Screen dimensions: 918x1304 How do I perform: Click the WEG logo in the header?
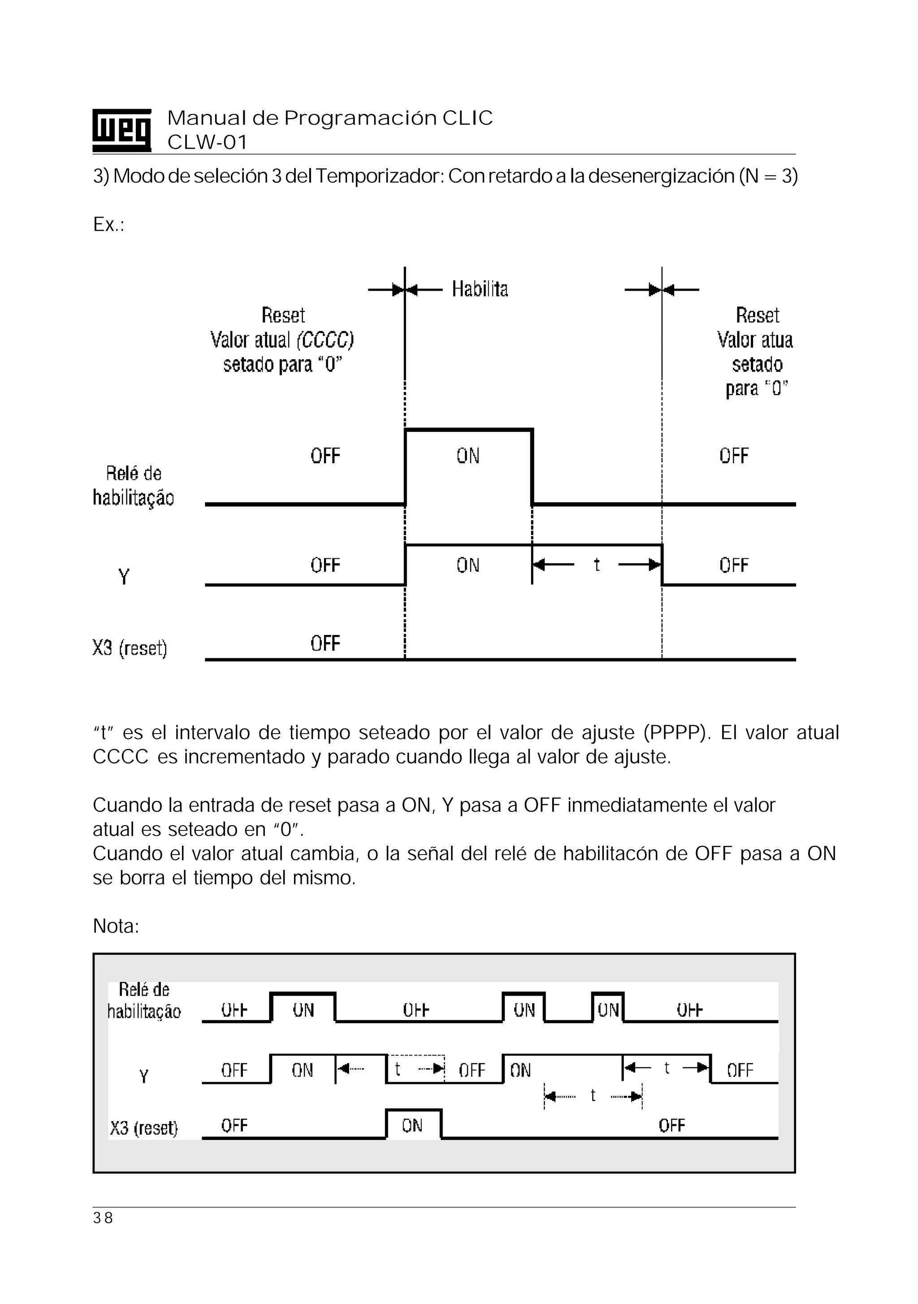[x=121, y=130]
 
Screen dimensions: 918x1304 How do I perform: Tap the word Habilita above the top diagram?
[x=480, y=289]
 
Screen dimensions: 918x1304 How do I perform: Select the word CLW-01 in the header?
[x=207, y=142]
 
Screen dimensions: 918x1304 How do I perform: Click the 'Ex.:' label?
[x=108, y=225]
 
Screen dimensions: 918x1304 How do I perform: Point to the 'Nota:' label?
[x=116, y=926]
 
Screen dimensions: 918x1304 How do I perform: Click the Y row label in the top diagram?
[x=124, y=577]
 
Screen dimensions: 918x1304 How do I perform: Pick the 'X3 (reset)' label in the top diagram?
[x=130, y=648]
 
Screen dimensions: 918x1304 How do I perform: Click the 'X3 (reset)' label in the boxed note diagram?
[x=143, y=1127]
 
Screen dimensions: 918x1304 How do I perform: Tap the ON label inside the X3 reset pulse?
[x=412, y=1125]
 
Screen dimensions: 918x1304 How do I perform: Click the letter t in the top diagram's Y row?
[x=596, y=565]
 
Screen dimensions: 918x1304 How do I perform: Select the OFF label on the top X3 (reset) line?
[x=325, y=643]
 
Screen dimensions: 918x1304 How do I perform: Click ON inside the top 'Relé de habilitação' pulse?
[x=468, y=456]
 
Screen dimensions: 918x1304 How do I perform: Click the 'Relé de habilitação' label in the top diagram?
[x=134, y=486]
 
